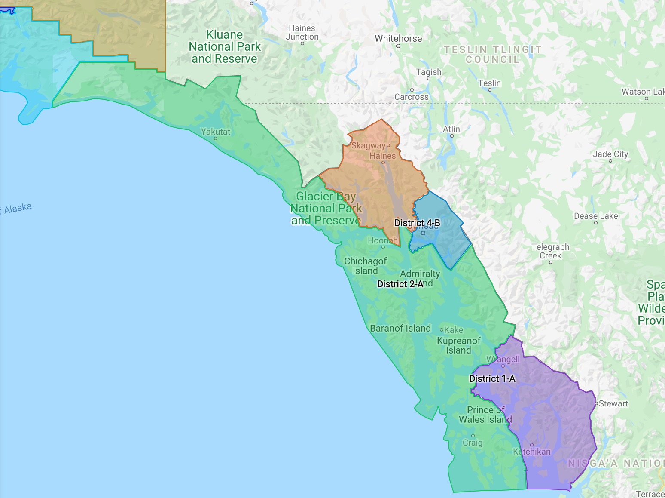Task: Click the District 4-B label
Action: tap(417, 223)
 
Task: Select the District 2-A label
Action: tap(400, 284)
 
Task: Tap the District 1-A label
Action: tap(492, 378)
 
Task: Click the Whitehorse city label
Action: tap(398, 39)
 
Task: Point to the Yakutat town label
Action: tap(216, 132)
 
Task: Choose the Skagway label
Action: tap(368, 145)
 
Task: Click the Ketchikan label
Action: tap(532, 452)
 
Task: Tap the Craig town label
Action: tap(473, 443)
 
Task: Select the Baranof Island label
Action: tap(400, 328)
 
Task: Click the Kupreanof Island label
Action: tap(459, 345)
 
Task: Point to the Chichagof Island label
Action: tap(365, 266)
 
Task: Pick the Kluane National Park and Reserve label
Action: tap(225, 46)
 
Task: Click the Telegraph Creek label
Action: tap(550, 251)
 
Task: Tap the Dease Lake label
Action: tap(596, 216)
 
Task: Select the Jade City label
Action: tap(610, 154)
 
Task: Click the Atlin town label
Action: tap(451, 129)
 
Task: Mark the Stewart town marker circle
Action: tap(596, 403)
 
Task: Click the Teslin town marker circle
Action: tap(490, 90)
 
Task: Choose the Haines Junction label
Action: tap(302, 32)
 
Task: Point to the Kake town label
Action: tap(454, 330)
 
